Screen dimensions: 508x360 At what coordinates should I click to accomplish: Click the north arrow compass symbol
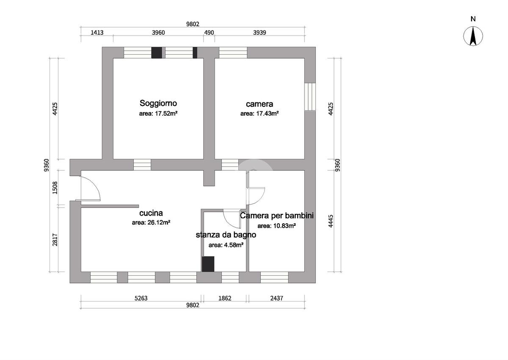pyautogui.click(x=473, y=36)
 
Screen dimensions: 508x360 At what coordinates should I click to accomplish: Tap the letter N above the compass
pyautogui.click(x=473, y=19)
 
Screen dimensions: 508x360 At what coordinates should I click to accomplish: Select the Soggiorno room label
pyautogui.click(x=158, y=103)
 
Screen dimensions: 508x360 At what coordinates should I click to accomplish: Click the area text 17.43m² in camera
pyautogui.click(x=259, y=114)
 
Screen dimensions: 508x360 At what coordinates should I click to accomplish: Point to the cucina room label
pyautogui.click(x=151, y=213)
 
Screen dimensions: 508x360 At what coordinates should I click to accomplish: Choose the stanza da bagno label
pyautogui.click(x=226, y=235)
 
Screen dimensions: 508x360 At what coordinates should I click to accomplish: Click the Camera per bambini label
pyautogui.click(x=277, y=216)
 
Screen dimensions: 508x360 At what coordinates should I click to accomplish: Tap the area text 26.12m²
pyautogui.click(x=151, y=222)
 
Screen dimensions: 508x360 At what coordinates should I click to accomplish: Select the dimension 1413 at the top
pyautogui.click(x=97, y=33)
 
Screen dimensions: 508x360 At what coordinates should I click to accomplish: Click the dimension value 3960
pyautogui.click(x=158, y=33)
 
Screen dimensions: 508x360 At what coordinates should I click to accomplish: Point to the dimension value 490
pyautogui.click(x=209, y=33)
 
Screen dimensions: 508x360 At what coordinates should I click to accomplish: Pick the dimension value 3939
pyautogui.click(x=260, y=33)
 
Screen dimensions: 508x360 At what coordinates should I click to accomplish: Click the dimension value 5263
pyautogui.click(x=141, y=298)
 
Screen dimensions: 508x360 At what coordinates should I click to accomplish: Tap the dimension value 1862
pyautogui.click(x=225, y=298)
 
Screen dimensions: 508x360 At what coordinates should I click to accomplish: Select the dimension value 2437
pyautogui.click(x=277, y=298)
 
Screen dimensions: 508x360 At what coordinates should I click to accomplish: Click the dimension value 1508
pyautogui.click(x=55, y=188)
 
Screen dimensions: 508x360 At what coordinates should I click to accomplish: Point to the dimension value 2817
pyautogui.click(x=55, y=240)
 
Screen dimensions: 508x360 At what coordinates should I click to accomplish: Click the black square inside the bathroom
pyautogui.click(x=208, y=264)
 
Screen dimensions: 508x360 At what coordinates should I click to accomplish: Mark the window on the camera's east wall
pyautogui.click(x=310, y=97)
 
